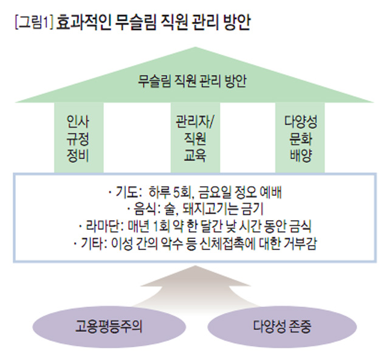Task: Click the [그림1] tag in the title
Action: (x=33, y=24)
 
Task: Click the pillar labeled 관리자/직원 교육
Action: (x=194, y=136)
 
